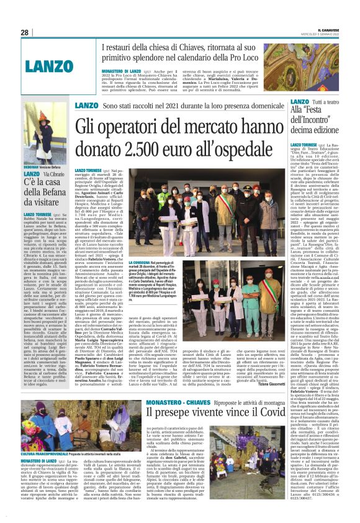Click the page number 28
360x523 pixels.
[25, 32]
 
